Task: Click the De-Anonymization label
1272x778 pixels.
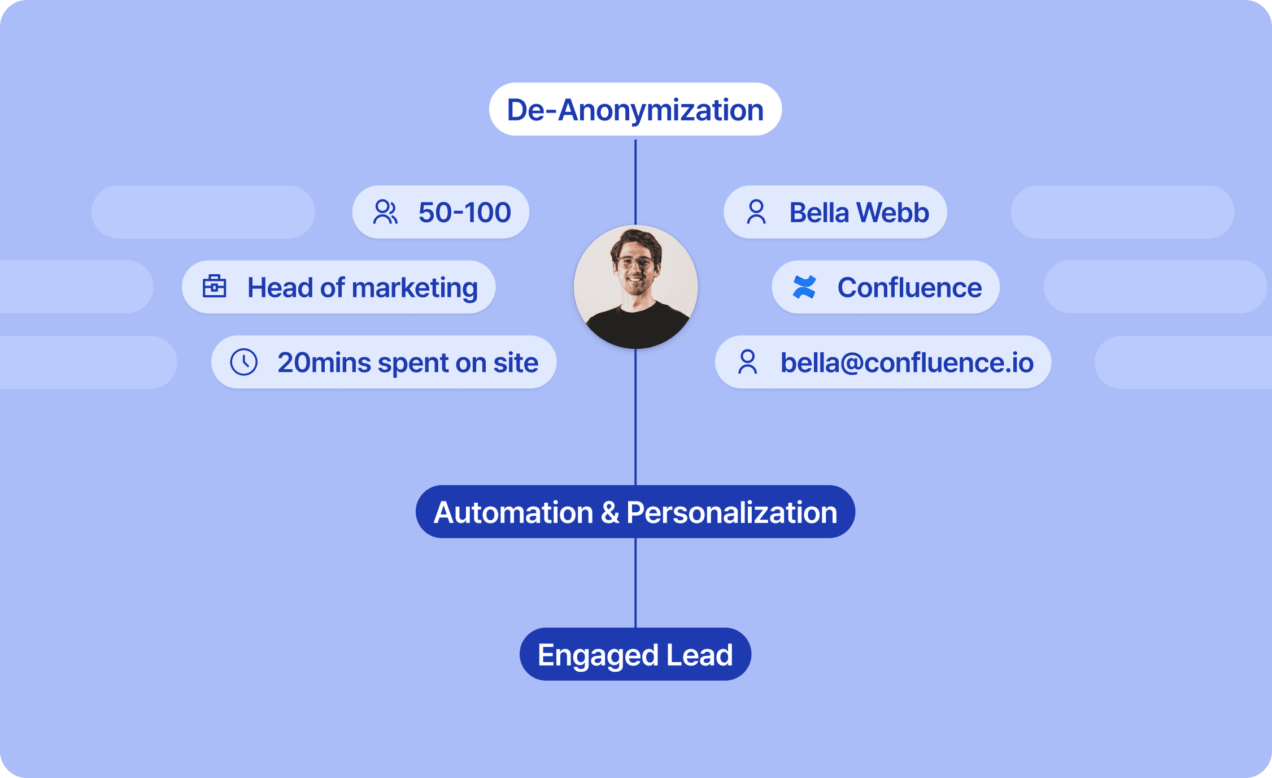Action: click(635, 110)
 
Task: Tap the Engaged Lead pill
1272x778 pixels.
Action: click(635, 655)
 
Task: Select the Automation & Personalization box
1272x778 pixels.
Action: click(635, 512)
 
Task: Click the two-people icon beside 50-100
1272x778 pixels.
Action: click(385, 213)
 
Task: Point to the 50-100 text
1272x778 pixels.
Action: click(464, 213)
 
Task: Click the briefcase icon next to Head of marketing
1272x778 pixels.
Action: click(215, 287)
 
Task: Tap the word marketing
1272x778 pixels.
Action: click(415, 288)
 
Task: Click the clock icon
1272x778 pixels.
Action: click(244, 362)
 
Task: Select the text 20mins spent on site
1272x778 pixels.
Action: click(408, 362)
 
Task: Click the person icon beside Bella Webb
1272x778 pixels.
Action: click(756, 213)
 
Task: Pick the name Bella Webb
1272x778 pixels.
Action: click(859, 213)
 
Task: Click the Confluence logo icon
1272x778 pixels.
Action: click(804, 287)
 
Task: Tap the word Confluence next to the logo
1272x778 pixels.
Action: click(909, 288)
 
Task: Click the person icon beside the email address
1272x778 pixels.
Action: click(748, 362)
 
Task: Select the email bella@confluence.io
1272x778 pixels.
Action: click(907, 362)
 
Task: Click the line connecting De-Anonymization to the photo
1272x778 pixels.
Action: click(635, 181)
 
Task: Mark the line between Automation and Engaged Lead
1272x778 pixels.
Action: click(635, 582)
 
